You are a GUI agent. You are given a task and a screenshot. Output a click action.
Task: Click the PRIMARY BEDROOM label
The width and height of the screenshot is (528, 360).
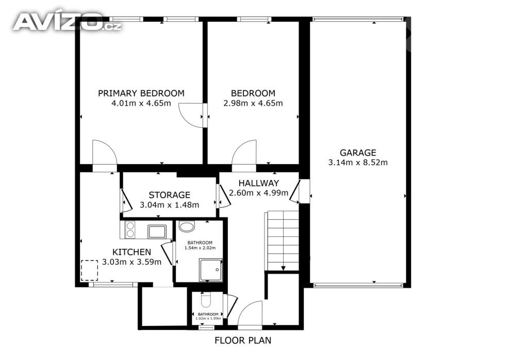pyautogui.click(x=141, y=93)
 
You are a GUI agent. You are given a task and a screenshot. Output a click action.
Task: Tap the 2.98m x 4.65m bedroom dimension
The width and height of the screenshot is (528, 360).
pyautogui.click(x=253, y=103)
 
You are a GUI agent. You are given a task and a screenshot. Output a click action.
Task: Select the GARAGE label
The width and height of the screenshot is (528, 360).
pyautogui.click(x=358, y=153)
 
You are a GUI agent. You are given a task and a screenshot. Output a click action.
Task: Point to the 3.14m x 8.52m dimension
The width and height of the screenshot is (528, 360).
pyautogui.click(x=358, y=162)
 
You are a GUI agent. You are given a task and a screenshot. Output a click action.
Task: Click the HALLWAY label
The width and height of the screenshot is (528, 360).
pyautogui.click(x=259, y=183)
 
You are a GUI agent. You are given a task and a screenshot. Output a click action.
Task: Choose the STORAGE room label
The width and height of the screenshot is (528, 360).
pyautogui.click(x=169, y=195)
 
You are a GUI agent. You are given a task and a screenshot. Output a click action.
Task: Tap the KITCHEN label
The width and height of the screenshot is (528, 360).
pyautogui.click(x=131, y=252)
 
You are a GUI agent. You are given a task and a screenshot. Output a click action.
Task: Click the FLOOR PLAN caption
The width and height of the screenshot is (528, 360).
pyautogui.click(x=243, y=340)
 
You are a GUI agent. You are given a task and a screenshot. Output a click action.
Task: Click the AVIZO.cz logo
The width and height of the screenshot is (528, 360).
pyautogui.click(x=67, y=22)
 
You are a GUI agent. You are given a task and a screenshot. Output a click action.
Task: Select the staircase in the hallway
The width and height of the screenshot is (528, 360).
pyautogui.click(x=283, y=241)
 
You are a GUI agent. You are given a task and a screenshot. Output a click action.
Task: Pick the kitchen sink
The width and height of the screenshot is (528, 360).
pyautogui.click(x=157, y=232)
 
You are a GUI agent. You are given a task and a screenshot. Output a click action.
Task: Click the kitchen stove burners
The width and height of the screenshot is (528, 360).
pyautogui.click(x=130, y=230)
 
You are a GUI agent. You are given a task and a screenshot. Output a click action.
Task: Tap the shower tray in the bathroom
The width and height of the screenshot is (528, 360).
pyautogui.click(x=211, y=270)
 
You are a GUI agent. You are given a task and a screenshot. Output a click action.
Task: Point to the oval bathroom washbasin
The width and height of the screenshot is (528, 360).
pyautogui.click(x=187, y=226)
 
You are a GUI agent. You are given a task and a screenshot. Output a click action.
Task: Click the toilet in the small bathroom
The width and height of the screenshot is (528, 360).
pyautogui.click(x=205, y=299)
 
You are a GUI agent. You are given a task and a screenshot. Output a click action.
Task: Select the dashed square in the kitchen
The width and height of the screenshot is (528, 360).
pyautogui.click(x=90, y=270)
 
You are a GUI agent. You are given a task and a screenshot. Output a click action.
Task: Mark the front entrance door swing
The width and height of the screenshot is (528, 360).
pyautogui.click(x=250, y=313)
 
